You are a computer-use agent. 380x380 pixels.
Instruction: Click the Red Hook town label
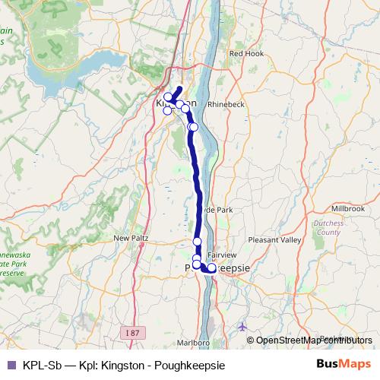tap(245, 54)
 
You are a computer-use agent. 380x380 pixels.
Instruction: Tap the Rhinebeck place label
tap(226, 104)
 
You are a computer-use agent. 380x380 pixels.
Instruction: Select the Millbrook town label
tap(348, 207)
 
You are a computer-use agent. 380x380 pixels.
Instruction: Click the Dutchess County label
tap(328, 228)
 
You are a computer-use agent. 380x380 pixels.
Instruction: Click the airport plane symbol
tap(242, 327)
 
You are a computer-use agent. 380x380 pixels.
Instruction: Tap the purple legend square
tap(11, 365)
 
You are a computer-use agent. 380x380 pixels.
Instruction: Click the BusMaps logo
tap(344, 365)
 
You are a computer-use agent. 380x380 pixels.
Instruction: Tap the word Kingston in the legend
tap(122, 365)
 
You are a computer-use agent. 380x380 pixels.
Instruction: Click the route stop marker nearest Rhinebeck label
tap(194, 127)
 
